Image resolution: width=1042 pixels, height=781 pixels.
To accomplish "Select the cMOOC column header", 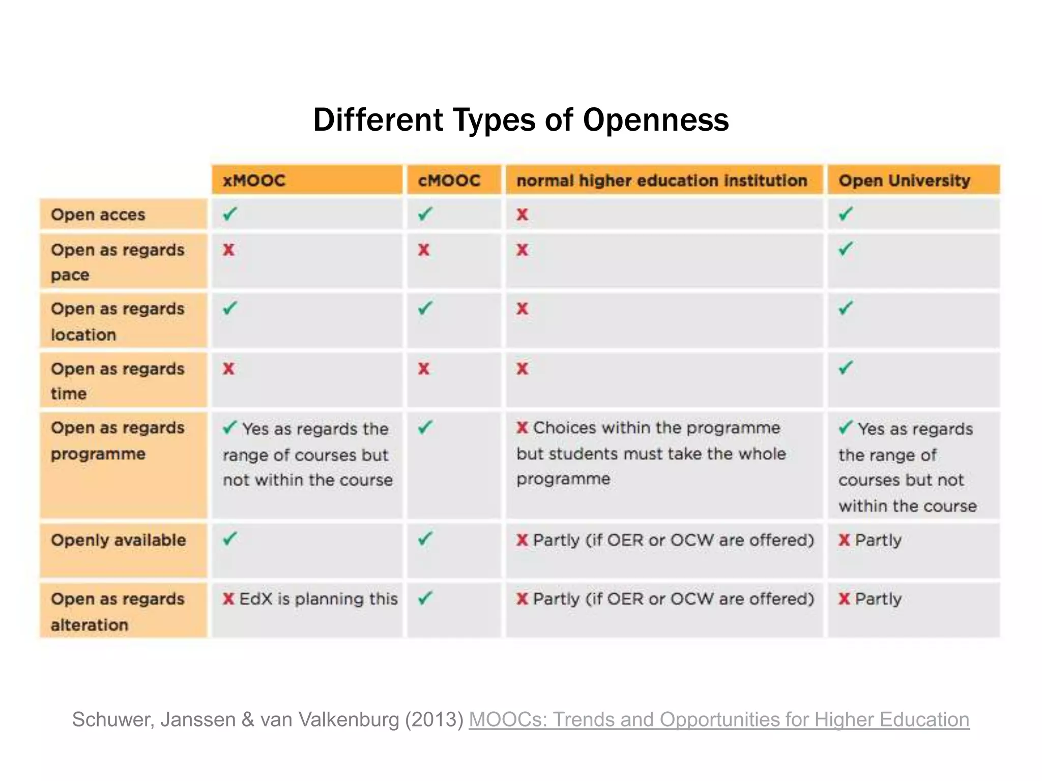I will pyautogui.click(x=449, y=181).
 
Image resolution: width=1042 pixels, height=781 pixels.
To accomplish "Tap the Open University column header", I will pyautogui.click(x=904, y=181).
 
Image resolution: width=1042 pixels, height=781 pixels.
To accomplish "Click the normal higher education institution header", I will pyautogui.click(x=661, y=181).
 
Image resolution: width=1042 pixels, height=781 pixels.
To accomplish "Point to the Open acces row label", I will pyautogui.click(x=98, y=215).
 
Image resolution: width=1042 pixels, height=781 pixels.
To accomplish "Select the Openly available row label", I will pyautogui.click(x=119, y=540).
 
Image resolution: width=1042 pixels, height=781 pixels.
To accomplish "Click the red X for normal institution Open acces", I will pyautogui.click(x=523, y=215).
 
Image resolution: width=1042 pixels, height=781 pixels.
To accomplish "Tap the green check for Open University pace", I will pyautogui.click(x=846, y=249).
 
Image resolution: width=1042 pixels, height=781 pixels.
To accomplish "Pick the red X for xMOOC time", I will pyautogui.click(x=229, y=369).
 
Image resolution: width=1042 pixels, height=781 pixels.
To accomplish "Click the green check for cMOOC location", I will pyautogui.click(x=425, y=308).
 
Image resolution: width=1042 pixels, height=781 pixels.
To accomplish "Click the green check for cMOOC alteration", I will pyautogui.click(x=425, y=598).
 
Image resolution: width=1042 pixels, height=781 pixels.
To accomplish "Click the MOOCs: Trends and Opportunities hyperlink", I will pyautogui.click(x=718, y=719).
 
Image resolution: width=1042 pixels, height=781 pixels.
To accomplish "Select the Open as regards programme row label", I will pyautogui.click(x=118, y=440).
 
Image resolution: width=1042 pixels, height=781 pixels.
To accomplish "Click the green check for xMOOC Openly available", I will pyautogui.click(x=230, y=538).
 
